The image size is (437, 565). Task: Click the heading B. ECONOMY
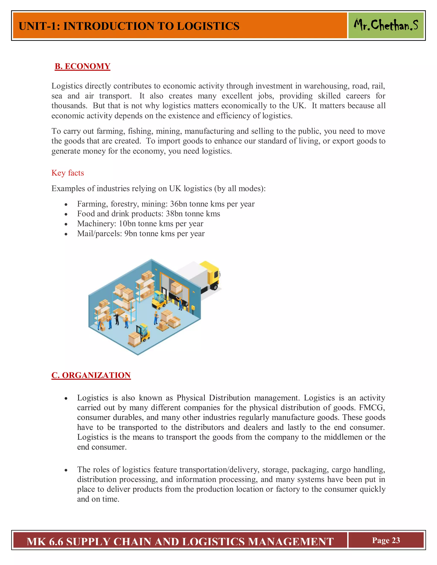tap(82, 66)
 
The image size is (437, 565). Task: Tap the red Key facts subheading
tap(68, 173)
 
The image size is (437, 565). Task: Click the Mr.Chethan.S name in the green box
tap(386, 25)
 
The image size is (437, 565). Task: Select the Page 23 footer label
tap(386, 540)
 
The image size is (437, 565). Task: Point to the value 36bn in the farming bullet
tap(178, 204)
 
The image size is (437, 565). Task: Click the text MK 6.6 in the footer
tap(45, 542)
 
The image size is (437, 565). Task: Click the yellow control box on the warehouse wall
tap(193, 308)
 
